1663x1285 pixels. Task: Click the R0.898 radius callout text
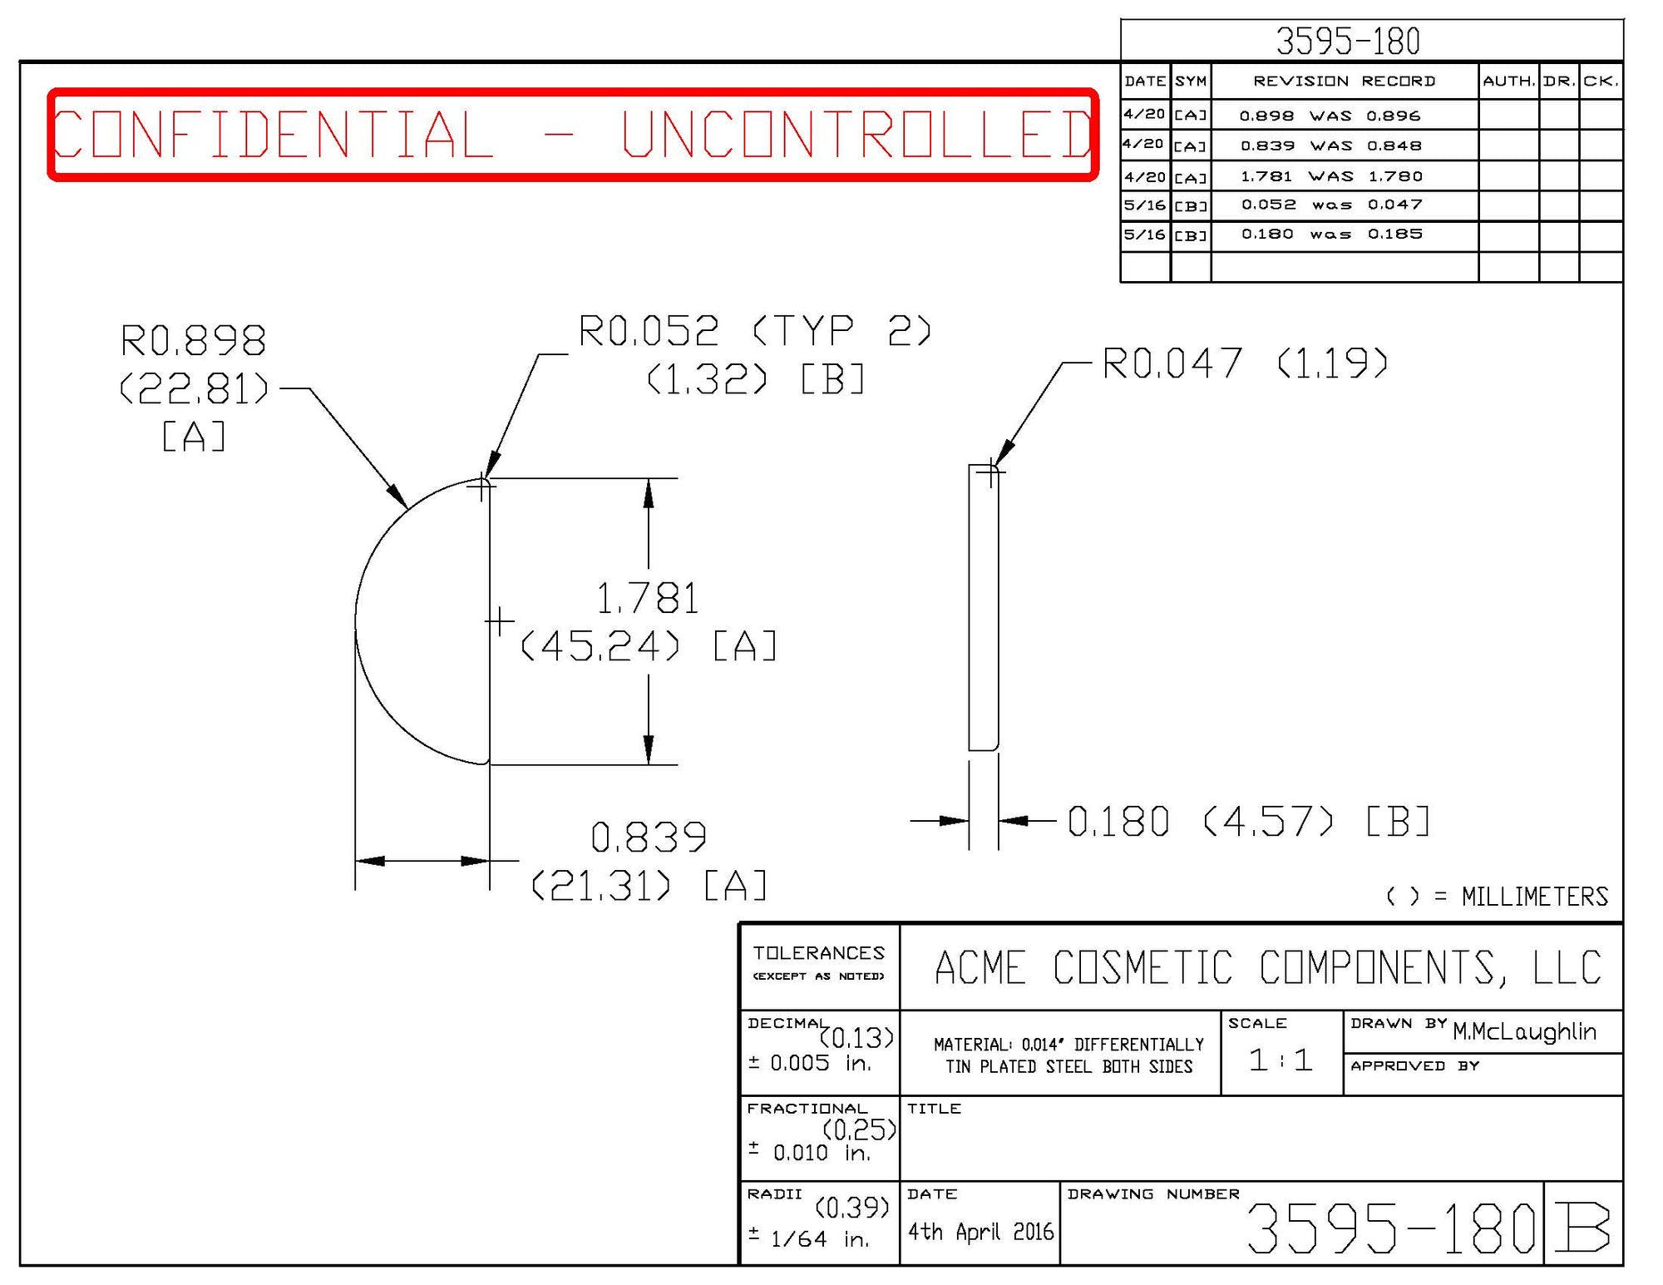[x=193, y=341]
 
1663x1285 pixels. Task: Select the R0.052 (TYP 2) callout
[x=754, y=331]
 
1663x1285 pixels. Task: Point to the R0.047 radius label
[x=1172, y=363]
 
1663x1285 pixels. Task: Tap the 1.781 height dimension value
[x=648, y=599]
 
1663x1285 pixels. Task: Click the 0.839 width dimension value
[x=649, y=838]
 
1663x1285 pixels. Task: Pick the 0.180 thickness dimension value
[x=1118, y=822]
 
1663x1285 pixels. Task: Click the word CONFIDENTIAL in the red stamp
[x=273, y=135]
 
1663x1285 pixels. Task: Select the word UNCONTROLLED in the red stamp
[x=856, y=135]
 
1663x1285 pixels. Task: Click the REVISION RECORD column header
[x=1344, y=82]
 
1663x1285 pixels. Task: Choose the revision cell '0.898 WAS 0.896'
[x=1330, y=116]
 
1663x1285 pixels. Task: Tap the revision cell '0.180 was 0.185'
[x=1331, y=235]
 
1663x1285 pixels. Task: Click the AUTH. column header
[x=1508, y=82]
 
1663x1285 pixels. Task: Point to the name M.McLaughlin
[x=1524, y=1032]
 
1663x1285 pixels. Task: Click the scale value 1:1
[x=1281, y=1060]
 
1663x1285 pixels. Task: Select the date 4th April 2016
[x=980, y=1232]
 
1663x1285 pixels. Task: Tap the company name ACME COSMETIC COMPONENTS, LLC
[x=1268, y=967]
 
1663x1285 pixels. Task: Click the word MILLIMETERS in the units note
[x=1534, y=897]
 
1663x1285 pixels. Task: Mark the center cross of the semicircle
[x=499, y=621]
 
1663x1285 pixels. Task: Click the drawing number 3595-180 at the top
[x=1348, y=42]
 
